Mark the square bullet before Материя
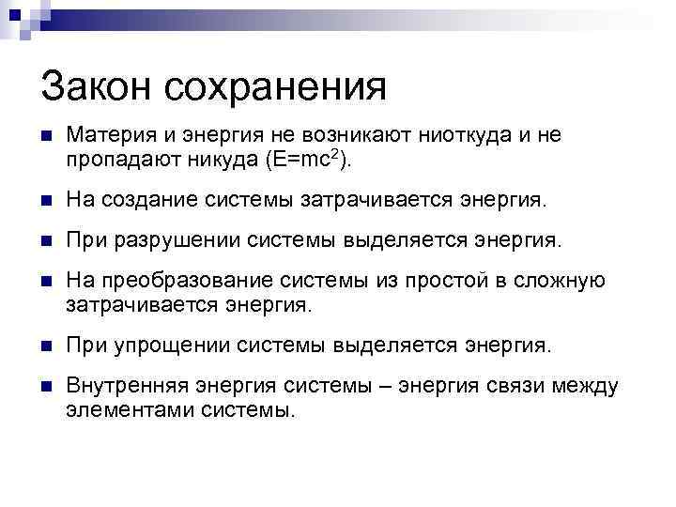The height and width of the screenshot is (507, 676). coord(47,137)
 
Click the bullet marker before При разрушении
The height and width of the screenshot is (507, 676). coord(47,242)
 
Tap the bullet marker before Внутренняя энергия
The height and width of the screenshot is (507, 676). coord(47,387)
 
